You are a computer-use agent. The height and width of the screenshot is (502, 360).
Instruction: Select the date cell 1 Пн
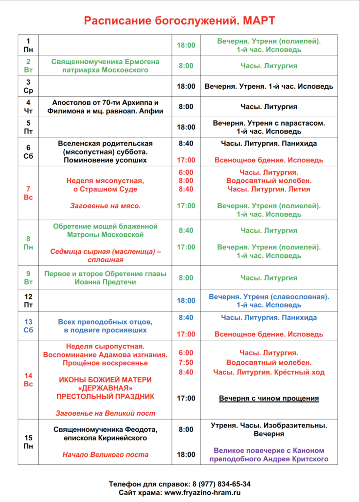[28, 45]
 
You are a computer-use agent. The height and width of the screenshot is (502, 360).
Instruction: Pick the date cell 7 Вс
[28, 193]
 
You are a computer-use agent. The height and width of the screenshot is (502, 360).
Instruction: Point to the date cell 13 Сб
[28, 326]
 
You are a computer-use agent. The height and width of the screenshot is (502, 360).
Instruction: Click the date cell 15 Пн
[28, 442]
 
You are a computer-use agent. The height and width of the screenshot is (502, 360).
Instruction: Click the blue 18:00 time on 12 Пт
[186, 301]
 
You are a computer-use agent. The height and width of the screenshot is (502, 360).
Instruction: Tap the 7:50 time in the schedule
[186, 362]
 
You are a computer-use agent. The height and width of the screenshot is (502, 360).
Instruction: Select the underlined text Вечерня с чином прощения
[269, 398]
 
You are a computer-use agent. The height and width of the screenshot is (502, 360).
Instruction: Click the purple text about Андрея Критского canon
[269, 455]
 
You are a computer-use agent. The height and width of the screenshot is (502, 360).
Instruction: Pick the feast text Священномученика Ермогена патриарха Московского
[105, 66]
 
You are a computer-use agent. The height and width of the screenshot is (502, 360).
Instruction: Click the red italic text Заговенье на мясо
[105, 206]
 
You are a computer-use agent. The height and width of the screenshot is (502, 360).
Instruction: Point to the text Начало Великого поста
[105, 454]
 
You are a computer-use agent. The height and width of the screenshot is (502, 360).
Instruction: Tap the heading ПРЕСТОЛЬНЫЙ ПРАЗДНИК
[105, 396]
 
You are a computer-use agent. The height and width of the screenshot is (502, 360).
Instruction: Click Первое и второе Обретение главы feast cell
[105, 277]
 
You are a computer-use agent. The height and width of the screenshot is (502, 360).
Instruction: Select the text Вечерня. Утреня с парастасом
[269, 123]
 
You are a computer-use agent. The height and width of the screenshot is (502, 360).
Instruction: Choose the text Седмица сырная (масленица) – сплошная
[105, 255]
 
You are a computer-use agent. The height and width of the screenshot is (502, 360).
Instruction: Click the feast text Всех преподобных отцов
[105, 322]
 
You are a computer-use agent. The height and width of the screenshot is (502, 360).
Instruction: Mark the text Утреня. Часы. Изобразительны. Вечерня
[269, 429]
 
